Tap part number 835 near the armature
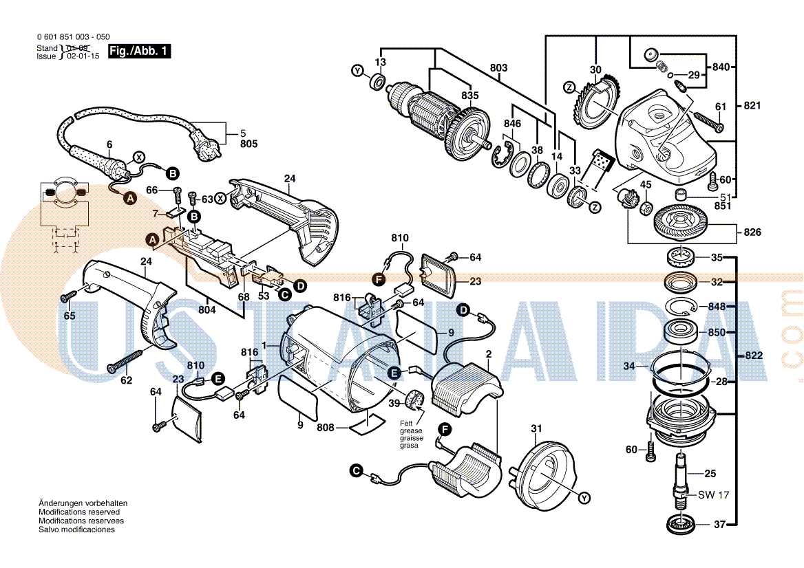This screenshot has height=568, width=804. coord(470,95)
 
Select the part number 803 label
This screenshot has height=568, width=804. coord(498,67)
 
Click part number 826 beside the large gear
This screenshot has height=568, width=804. coord(752,232)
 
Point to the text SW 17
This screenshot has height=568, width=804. coord(713,495)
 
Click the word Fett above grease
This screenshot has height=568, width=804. coord(407,423)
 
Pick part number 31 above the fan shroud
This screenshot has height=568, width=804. coord(537,430)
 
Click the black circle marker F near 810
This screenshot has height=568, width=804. coord(377,278)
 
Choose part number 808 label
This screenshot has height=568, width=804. coord(326,428)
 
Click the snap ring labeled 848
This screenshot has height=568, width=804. coord(681,307)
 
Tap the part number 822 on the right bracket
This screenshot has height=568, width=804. coord(754,356)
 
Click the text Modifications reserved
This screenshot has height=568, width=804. coord(79,512)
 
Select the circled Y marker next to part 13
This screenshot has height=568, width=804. coord(357,71)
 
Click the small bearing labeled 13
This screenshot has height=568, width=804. coord(377,82)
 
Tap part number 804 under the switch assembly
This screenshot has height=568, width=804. coord(207,309)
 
